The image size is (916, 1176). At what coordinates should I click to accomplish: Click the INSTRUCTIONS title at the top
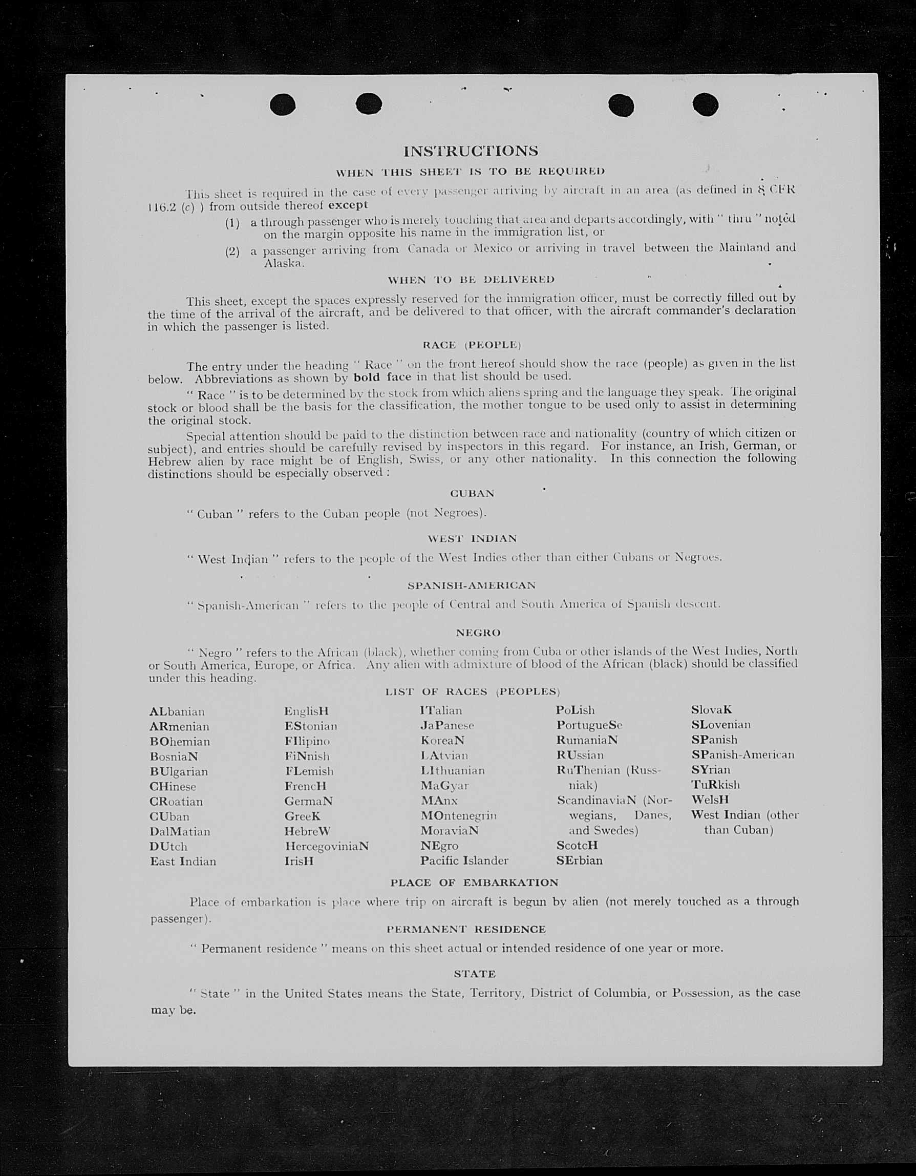pos(471,151)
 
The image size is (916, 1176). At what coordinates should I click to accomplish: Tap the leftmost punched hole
pos(283,104)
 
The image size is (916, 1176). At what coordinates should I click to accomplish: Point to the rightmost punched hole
pos(705,104)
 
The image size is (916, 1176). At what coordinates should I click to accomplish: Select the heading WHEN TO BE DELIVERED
pos(471,280)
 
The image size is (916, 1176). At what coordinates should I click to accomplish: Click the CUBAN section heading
pos(472,494)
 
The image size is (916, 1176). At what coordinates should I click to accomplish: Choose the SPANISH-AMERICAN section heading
pos(472,585)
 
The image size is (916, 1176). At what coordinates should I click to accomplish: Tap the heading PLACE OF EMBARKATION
pos(474,883)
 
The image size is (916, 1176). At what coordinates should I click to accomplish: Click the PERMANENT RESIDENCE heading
pos(466,930)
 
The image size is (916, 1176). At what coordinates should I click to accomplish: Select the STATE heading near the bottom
pos(475,974)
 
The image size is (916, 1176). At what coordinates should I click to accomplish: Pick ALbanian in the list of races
pos(177,712)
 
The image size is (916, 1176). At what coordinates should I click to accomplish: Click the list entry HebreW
pos(307,831)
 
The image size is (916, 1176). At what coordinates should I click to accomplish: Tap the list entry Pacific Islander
pos(464,860)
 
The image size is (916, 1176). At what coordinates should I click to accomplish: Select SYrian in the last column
pos(711,770)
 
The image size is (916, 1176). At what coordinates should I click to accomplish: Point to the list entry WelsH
pos(710,800)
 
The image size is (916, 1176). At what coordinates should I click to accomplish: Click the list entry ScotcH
pos(577,846)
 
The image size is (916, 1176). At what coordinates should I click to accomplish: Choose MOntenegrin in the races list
pos(459,816)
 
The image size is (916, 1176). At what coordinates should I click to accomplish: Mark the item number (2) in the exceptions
pos(232,251)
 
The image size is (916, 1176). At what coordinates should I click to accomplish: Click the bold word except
pos(348,205)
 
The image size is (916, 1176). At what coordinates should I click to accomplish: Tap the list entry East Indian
pos(183,862)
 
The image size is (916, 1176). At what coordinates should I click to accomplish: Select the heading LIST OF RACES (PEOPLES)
pos(473,692)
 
